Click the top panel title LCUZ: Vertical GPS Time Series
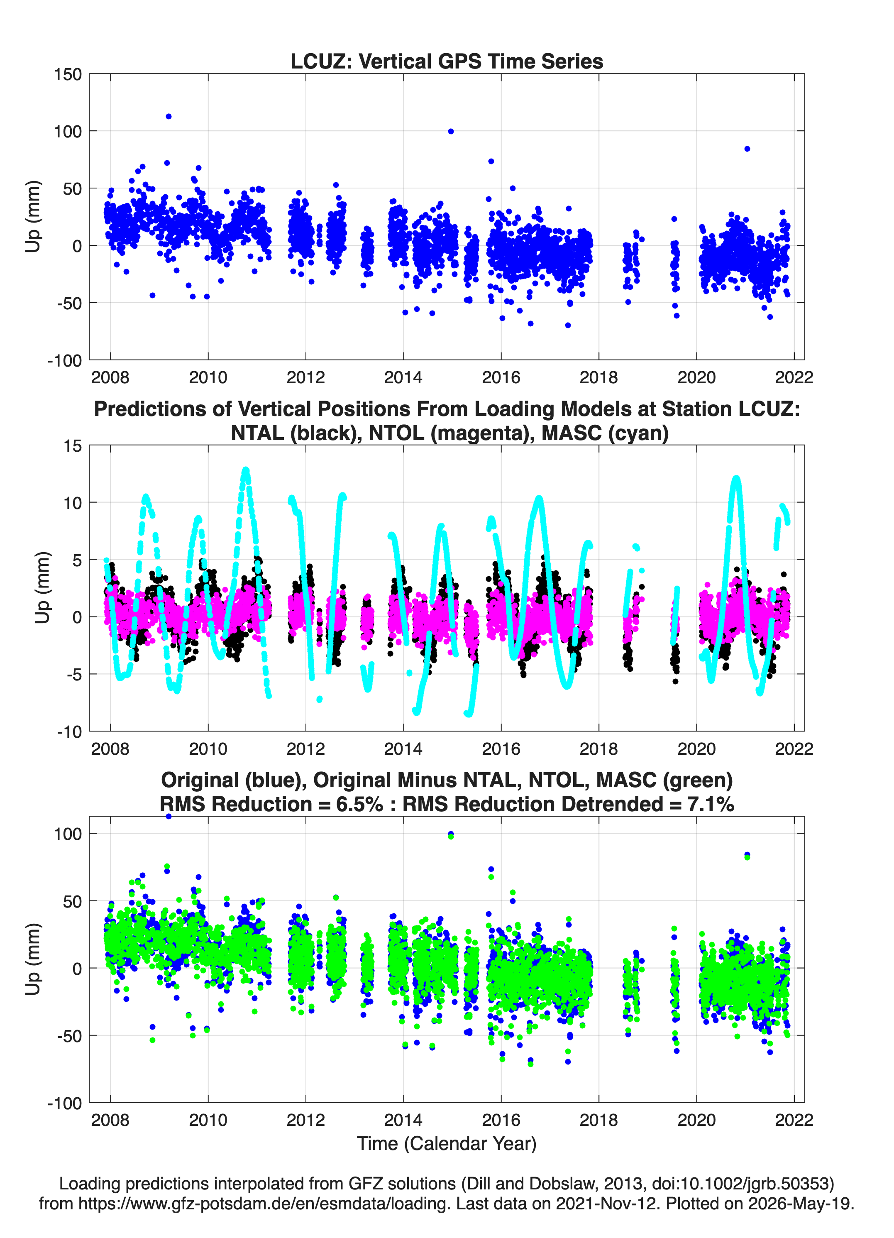point(447,61)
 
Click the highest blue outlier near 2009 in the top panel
point(169,116)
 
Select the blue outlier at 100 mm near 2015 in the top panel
point(451,132)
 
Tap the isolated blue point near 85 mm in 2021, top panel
point(747,149)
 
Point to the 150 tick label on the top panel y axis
point(68,74)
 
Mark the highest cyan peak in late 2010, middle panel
point(246,470)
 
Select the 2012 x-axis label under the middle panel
point(305,749)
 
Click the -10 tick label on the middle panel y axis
point(70,732)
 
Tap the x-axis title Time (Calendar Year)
point(447,1144)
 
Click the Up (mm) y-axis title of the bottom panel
point(33,959)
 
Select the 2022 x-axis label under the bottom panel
point(794,1120)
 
